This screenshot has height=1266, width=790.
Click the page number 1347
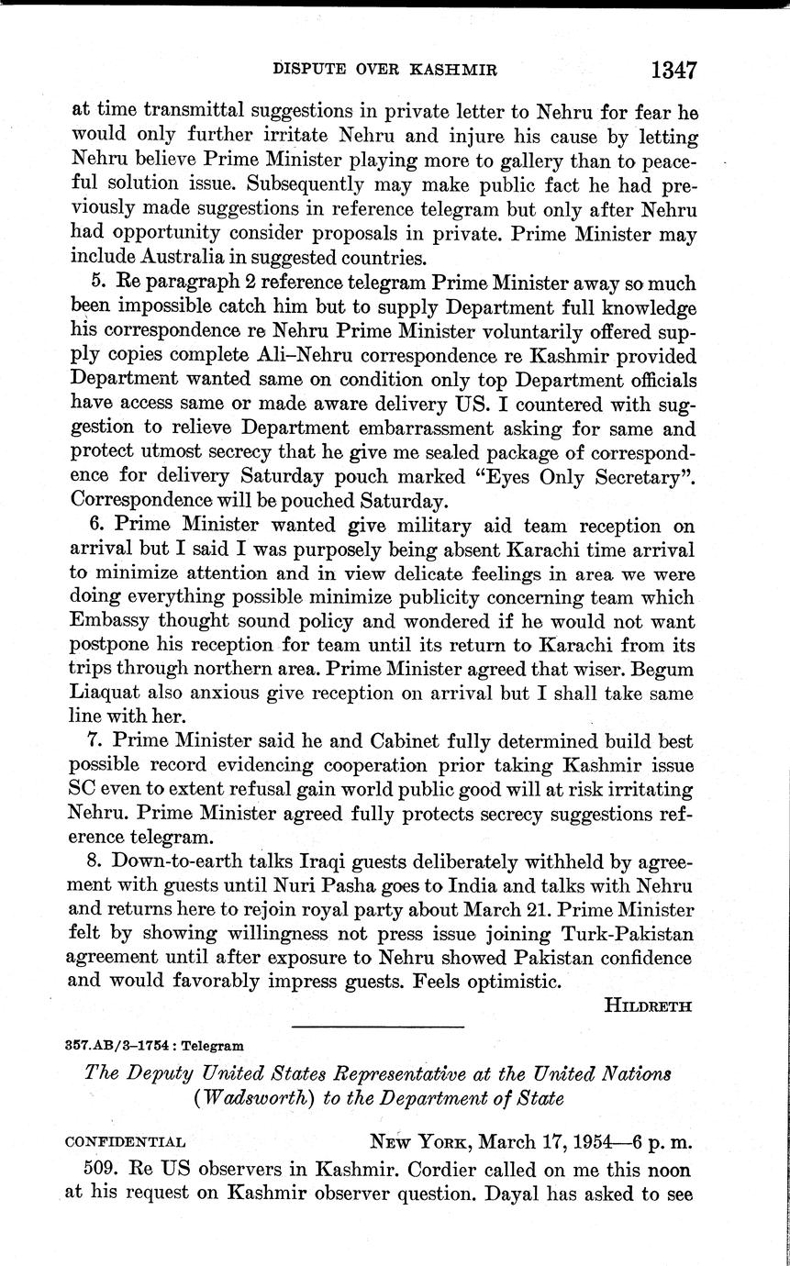[x=673, y=70]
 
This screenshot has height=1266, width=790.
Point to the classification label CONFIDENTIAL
[x=126, y=1143]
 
